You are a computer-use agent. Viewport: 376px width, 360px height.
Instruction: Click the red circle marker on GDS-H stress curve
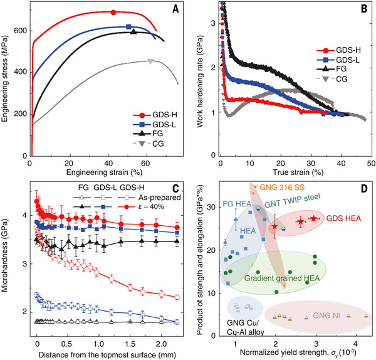click(113, 12)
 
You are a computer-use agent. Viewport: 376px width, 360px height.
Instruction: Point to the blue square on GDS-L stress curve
click(129, 26)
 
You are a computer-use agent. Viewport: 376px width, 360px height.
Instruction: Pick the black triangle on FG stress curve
click(133, 31)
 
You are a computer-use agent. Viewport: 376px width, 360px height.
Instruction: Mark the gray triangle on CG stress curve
click(150, 61)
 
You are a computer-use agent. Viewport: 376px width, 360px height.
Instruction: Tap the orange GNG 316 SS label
click(288, 186)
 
